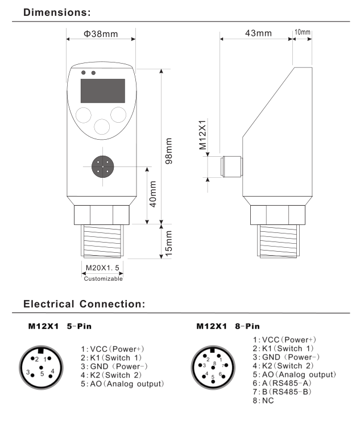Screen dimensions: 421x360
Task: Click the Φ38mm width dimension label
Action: [101, 34]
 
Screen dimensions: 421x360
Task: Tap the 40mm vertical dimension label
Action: [153, 195]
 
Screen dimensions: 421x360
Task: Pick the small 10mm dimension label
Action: [302, 32]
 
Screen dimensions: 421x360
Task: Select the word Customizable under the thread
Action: [103, 278]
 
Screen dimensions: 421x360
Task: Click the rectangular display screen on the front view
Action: [102, 90]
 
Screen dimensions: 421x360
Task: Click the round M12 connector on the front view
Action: [102, 166]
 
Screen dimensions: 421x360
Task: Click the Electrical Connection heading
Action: [84, 305]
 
